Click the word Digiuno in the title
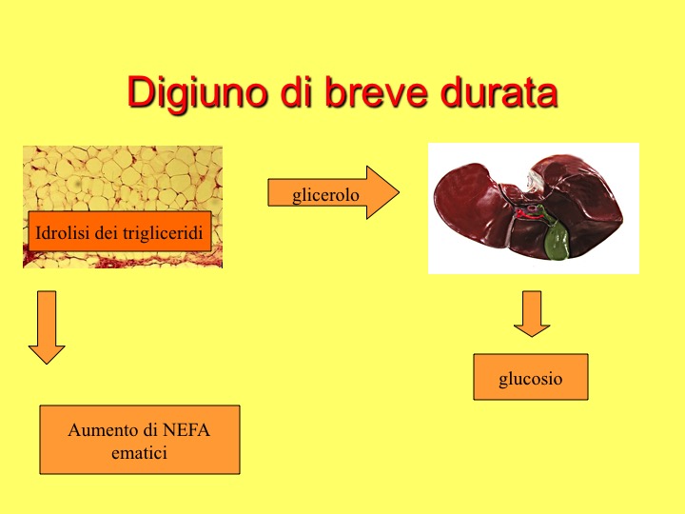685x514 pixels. [x=197, y=91]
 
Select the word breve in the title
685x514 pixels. [x=376, y=91]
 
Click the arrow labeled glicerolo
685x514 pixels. [x=333, y=192]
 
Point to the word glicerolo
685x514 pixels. [x=325, y=194]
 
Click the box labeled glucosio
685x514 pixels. [x=531, y=377]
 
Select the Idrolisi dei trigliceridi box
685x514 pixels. [x=120, y=231]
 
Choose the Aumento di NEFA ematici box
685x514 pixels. [x=140, y=440]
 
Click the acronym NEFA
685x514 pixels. [x=186, y=430]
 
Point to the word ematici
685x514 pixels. [x=139, y=453]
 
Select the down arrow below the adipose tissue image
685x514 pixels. [x=47, y=327]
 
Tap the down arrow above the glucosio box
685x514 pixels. [x=532, y=314]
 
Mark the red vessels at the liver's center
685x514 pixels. [x=528, y=213]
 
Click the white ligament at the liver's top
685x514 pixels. [x=535, y=181]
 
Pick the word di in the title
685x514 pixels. [x=296, y=91]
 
